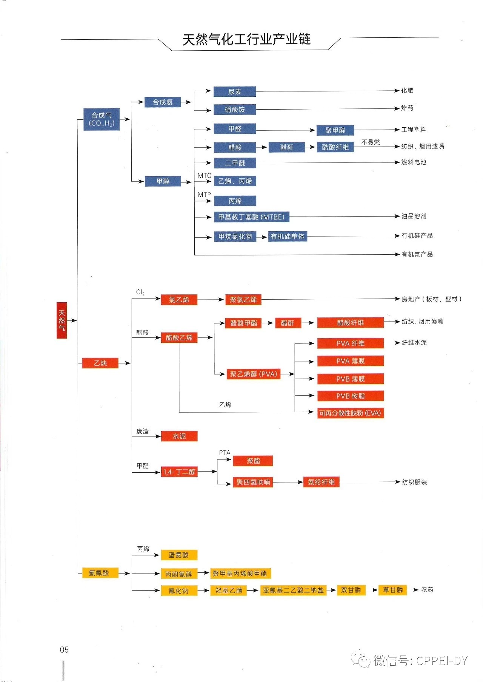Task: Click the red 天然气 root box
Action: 62,320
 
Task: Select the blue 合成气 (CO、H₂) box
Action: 102,119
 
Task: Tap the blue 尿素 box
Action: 235,91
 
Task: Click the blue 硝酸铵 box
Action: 235,110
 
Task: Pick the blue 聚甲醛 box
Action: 335,130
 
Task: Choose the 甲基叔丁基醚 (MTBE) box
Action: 251,217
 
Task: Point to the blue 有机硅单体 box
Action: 288,237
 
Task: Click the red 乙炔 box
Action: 100,363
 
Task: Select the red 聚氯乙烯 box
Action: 243,300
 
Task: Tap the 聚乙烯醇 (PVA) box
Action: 253,374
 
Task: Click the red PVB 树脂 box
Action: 350,396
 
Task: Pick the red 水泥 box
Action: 179,436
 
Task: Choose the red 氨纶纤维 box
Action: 321,482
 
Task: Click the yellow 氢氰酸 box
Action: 99,573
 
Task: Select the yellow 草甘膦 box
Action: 393,590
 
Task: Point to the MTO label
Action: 205,176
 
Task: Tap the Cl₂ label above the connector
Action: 140,292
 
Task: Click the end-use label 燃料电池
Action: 414,162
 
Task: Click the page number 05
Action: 64,650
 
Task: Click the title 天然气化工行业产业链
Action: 246,39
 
